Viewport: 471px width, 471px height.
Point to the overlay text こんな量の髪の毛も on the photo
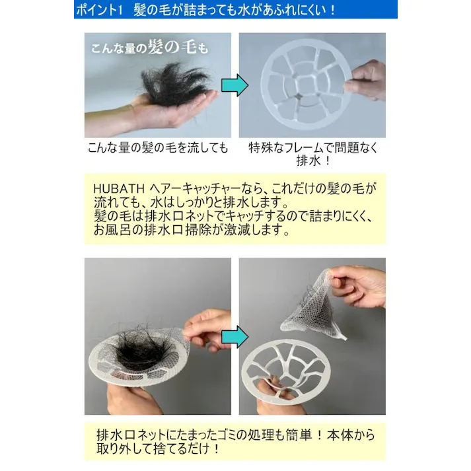(x=149, y=48)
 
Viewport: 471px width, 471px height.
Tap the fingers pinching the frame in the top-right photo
(x=367, y=80)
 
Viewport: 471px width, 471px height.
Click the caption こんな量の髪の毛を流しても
(x=158, y=148)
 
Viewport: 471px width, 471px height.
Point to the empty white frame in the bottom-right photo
(x=297, y=373)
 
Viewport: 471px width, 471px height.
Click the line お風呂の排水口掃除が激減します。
(x=192, y=231)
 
